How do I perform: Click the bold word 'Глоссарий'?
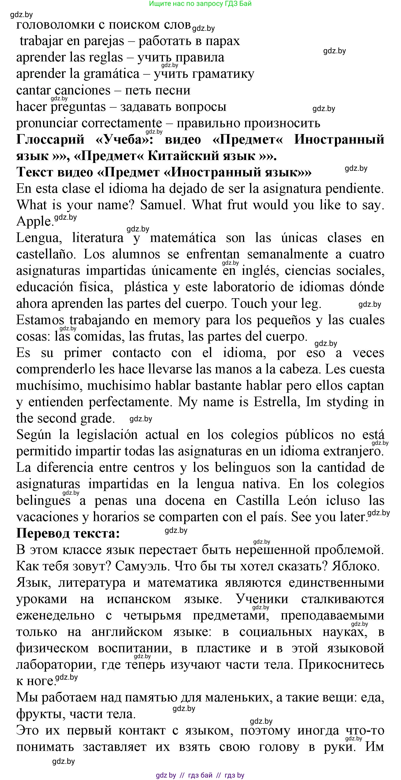click(50, 139)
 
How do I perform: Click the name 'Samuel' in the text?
click(162, 205)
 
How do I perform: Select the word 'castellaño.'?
click(46, 254)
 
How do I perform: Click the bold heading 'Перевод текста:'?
click(68, 533)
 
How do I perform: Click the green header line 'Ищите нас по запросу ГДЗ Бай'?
click(200, 4)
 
